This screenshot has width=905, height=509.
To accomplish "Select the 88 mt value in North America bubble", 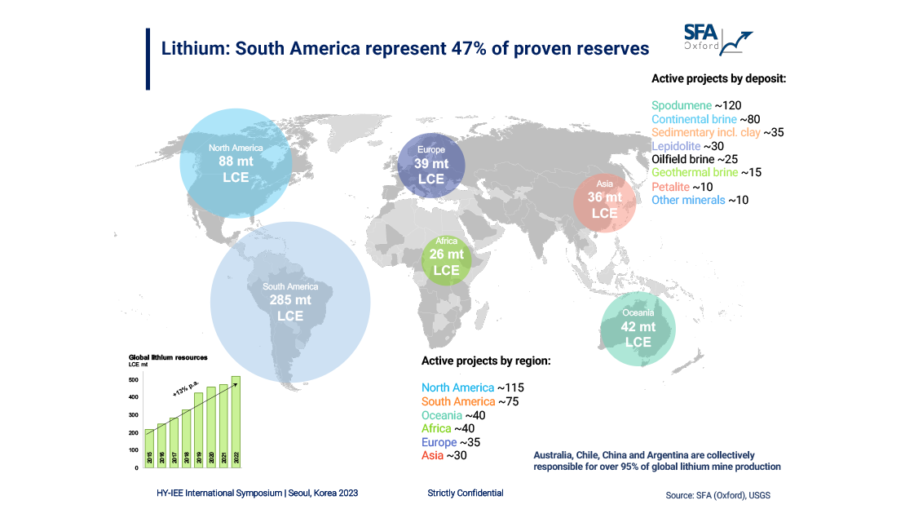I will coord(235,162).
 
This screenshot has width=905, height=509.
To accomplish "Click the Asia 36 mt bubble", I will coord(604,198).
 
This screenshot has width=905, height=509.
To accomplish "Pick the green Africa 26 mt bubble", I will coord(446,256).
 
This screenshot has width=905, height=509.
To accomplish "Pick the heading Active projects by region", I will coord(486,360).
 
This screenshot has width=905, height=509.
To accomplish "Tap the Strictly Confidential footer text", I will coord(465,493).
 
